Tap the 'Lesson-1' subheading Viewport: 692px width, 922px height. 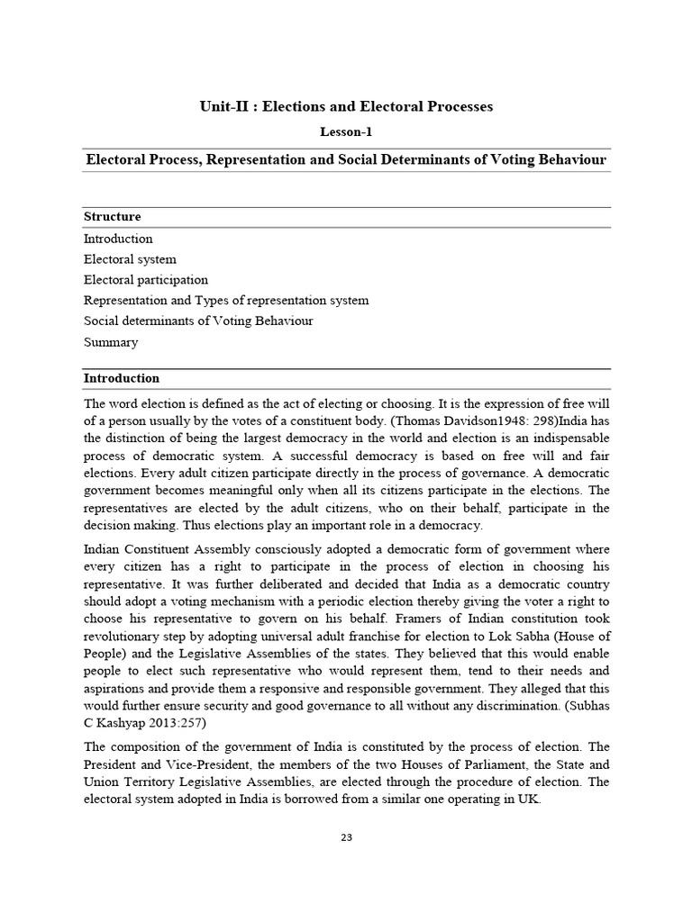[x=346, y=131]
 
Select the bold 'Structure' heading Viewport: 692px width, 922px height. [x=112, y=217]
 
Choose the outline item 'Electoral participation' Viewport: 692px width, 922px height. [x=146, y=280]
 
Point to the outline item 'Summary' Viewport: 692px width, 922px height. [x=111, y=342]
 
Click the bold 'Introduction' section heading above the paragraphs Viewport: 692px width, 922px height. [x=122, y=378]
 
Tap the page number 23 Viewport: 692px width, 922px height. [x=346, y=837]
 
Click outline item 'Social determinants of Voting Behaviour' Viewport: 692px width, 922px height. [x=198, y=321]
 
